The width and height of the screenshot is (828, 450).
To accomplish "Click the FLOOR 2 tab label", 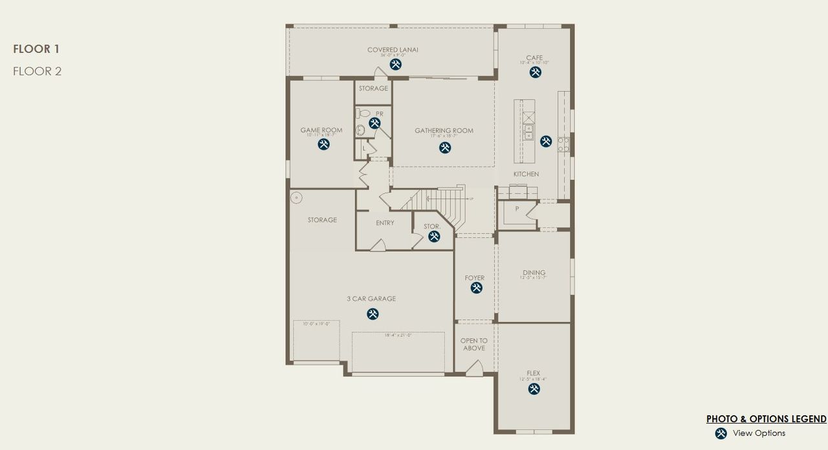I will pyautogui.click(x=37, y=71).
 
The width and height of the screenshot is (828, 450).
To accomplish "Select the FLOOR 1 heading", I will pyautogui.click(x=36, y=48).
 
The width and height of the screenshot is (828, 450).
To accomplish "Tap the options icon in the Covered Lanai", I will pyautogui.click(x=395, y=64).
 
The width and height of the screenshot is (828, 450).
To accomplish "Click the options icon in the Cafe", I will pyautogui.click(x=535, y=72).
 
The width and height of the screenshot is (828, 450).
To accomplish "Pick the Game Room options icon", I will pyautogui.click(x=323, y=144).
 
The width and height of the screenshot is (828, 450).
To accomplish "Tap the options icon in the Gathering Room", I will pyautogui.click(x=445, y=147).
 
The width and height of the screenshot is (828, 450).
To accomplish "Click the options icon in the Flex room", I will pyautogui.click(x=534, y=389).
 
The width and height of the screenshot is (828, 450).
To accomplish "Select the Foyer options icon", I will pyautogui.click(x=476, y=288).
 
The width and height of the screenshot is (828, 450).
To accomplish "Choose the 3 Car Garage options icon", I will pyautogui.click(x=373, y=314).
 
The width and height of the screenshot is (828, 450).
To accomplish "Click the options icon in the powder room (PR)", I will pyautogui.click(x=375, y=123).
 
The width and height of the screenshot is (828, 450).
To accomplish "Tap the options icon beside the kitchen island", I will pyautogui.click(x=546, y=140).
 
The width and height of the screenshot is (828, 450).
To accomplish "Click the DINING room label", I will pyautogui.click(x=534, y=273).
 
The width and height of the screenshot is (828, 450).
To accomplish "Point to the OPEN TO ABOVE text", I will pyautogui.click(x=474, y=345).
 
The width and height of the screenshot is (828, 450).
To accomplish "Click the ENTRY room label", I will pyautogui.click(x=385, y=223).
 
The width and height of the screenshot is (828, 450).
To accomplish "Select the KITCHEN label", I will pyautogui.click(x=526, y=175).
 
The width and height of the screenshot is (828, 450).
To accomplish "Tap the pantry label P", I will pyautogui.click(x=517, y=209).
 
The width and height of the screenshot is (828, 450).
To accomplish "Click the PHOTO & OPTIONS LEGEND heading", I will pyautogui.click(x=766, y=419).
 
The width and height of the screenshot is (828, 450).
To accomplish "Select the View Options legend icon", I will pyautogui.click(x=721, y=433).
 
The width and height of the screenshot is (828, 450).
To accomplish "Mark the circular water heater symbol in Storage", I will pyautogui.click(x=297, y=198).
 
